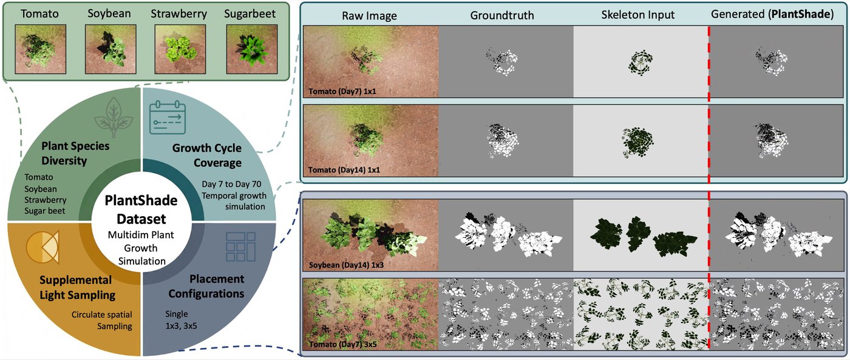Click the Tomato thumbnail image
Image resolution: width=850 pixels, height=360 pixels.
[41, 49]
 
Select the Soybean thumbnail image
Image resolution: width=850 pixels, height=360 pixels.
[110, 49]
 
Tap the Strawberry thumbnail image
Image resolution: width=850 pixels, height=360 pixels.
[180, 49]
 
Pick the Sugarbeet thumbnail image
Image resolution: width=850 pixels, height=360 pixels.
[252, 49]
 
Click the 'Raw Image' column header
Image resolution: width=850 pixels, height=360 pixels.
[369, 16]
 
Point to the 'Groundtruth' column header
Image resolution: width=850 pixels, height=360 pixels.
[502, 15]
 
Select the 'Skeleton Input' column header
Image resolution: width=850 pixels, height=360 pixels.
[638, 15]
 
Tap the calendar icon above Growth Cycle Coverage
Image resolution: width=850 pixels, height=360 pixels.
[168, 117]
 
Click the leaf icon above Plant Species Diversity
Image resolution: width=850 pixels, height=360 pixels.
[114, 117]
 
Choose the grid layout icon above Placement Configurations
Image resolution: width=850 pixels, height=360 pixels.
[240, 246]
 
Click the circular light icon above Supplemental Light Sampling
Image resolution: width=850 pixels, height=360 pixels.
[42, 247]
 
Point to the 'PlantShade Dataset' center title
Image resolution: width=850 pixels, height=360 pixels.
[141, 209]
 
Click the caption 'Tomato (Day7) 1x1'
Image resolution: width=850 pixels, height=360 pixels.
[342, 92]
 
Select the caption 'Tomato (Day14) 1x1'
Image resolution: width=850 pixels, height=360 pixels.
[344, 170]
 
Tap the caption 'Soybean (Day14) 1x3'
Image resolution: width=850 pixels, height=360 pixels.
[347, 265]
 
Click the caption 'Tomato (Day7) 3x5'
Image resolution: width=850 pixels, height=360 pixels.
[342, 344]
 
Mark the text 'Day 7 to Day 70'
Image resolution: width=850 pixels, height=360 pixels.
[231, 185]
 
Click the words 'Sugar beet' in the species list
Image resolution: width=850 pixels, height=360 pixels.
[45, 211]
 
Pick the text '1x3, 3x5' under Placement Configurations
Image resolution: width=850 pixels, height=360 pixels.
[181, 325]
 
